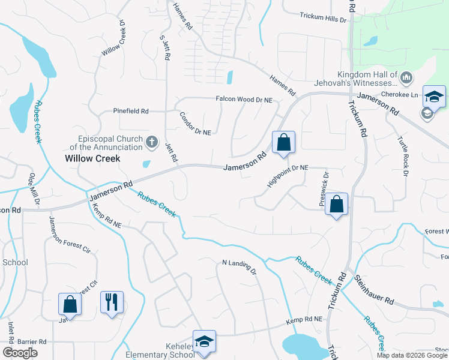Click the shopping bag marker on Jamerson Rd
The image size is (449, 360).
(x=284, y=143)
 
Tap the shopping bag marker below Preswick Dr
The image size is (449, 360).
(x=337, y=204)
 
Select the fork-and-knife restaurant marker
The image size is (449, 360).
(x=112, y=302)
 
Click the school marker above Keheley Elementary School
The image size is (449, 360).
(x=204, y=341)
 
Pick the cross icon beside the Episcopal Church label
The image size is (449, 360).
(x=152, y=142)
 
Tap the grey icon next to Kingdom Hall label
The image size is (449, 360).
(x=406, y=77)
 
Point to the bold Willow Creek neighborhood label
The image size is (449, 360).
(x=92, y=158)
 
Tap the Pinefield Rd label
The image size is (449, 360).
(x=131, y=111)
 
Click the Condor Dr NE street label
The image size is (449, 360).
(x=196, y=124)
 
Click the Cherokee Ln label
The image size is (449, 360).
(x=402, y=95)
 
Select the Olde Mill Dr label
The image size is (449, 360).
(x=34, y=190)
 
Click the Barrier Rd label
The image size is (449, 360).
(x=33, y=341)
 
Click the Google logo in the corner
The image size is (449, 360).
(x=20, y=352)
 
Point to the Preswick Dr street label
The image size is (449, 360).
(x=325, y=189)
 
